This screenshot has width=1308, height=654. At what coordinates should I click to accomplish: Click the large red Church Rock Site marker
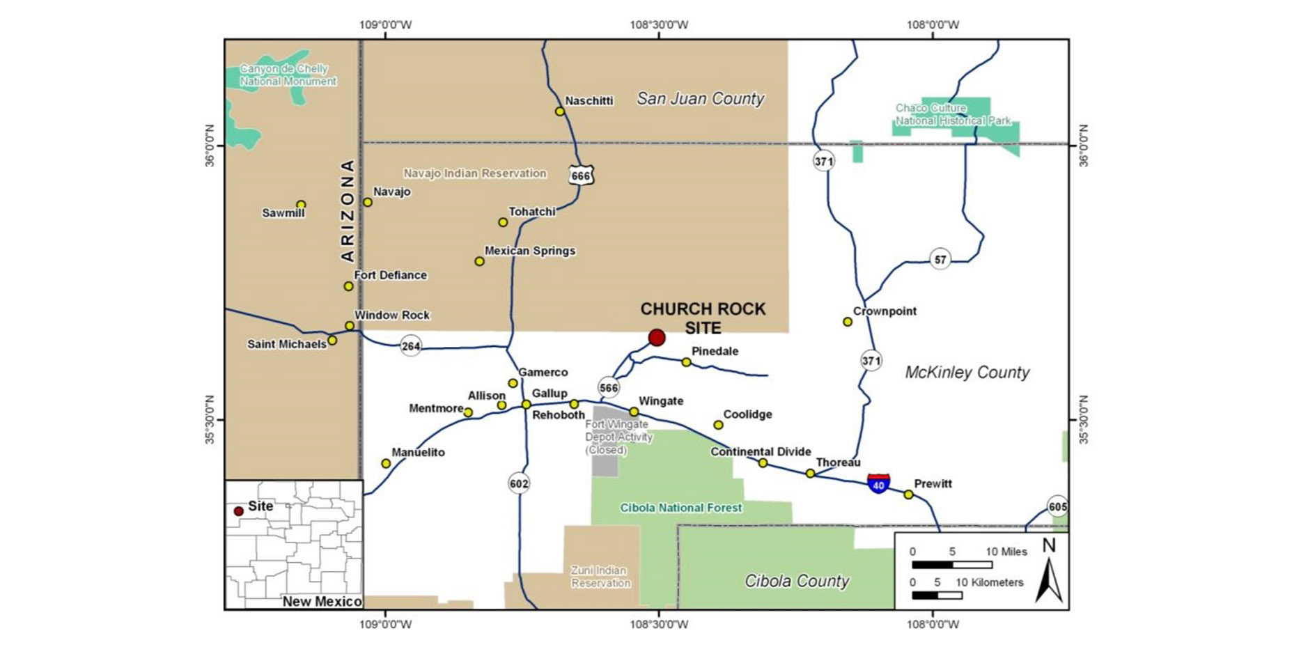coord(656,338)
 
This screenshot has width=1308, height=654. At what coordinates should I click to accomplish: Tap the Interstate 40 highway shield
coord(878,483)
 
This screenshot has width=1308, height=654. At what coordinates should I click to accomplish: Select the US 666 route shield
coord(580,175)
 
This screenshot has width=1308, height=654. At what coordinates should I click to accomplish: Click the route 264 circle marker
coord(411,345)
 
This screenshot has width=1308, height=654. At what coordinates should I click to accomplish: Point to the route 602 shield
coord(519,483)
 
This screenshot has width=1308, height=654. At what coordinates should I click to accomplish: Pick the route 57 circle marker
coord(940,260)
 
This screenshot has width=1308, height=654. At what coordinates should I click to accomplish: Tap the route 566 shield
coord(609,387)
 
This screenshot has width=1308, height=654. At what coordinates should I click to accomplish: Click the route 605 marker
coord(1057,506)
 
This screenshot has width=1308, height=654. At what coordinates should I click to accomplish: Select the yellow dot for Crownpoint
coord(848,322)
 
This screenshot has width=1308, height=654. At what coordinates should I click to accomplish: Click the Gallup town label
coord(550,394)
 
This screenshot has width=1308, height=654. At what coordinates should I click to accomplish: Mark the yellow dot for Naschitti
coord(559,111)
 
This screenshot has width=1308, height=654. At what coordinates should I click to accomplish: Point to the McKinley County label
coord(967,373)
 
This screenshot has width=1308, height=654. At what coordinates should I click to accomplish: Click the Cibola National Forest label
coord(681,508)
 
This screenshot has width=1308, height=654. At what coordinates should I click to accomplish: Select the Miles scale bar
coord(951,564)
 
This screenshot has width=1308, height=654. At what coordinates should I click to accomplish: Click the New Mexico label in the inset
coord(322,601)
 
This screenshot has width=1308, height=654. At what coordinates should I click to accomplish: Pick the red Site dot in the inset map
coord(238,511)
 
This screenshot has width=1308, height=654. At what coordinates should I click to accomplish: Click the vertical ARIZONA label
coord(348,210)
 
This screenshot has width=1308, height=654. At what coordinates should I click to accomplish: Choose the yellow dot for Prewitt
coord(908,495)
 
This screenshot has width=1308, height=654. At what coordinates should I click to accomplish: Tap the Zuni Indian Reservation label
coord(600,577)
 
